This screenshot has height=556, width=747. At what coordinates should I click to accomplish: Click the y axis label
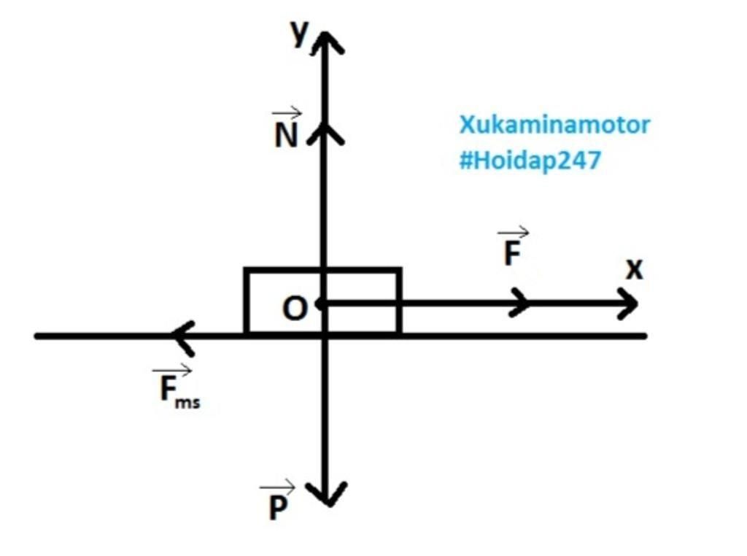click(x=299, y=34)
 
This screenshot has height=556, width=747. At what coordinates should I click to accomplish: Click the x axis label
click(x=635, y=270)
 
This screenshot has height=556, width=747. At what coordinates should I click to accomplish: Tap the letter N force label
click(x=286, y=136)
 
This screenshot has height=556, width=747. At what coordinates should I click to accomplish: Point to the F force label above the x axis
click(x=513, y=253)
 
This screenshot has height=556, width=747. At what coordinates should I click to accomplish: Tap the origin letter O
click(x=295, y=309)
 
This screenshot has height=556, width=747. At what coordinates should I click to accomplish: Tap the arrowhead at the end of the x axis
click(x=627, y=303)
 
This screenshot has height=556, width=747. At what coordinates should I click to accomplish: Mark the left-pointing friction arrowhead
click(x=182, y=336)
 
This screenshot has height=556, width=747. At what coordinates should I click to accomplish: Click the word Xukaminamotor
click(x=554, y=125)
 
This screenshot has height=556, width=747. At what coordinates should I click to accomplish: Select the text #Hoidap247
click(x=530, y=161)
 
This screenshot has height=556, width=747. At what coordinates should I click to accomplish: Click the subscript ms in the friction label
click(x=188, y=402)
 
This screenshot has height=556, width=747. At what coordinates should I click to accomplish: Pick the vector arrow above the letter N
click(x=287, y=113)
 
